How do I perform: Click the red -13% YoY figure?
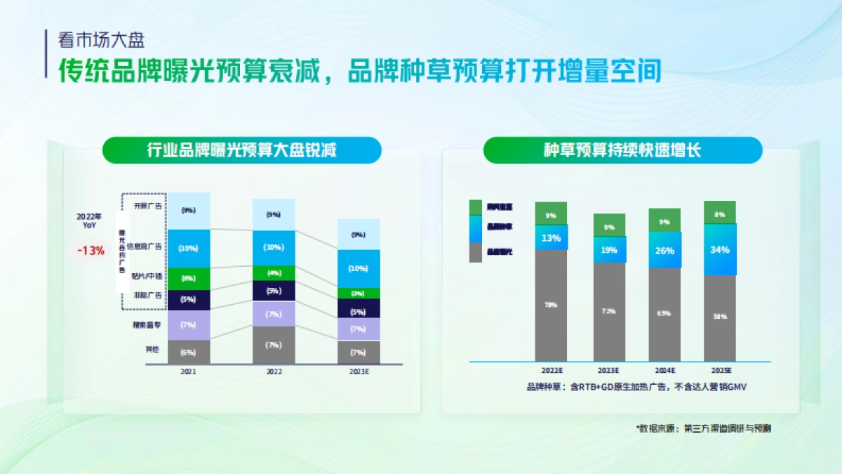point(91,250)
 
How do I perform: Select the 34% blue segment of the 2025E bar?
point(720,249)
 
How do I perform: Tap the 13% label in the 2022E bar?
point(551,238)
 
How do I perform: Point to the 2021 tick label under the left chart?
point(188,371)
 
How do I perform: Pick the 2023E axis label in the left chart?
point(359,371)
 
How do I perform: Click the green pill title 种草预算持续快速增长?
point(622,150)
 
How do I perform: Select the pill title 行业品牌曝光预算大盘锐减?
point(242,150)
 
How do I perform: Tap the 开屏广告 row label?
point(147,206)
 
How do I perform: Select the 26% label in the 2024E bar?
point(664,251)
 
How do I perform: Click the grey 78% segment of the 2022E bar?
point(551,305)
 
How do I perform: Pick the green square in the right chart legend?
point(476,206)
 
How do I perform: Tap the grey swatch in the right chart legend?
point(476,251)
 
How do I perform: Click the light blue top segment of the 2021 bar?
point(188,210)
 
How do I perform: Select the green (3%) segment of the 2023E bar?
point(359,293)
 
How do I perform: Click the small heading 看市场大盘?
point(101,40)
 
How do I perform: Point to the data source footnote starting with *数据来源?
point(703,428)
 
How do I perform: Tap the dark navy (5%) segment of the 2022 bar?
point(274,291)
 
